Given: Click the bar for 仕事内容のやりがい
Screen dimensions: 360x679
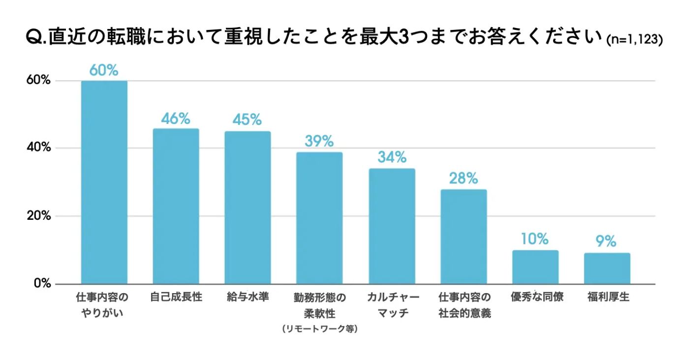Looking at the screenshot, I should (104, 182).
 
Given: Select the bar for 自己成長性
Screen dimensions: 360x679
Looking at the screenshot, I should (176, 207).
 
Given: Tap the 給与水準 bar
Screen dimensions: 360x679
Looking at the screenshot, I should (247, 208).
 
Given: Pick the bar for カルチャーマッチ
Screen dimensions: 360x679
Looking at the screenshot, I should (392, 226).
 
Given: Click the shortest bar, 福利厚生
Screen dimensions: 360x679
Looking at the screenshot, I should (607, 269).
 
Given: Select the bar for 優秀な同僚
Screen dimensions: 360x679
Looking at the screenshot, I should (535, 267).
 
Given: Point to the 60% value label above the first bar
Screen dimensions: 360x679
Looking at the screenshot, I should (104, 70).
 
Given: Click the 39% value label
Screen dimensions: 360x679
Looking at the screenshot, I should (319, 142).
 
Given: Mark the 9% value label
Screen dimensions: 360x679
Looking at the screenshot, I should (607, 241).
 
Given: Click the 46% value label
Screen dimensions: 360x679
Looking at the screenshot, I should (176, 119).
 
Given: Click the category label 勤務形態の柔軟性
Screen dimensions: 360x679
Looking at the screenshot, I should (319, 305).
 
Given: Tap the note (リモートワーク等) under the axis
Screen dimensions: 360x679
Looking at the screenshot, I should (319, 329).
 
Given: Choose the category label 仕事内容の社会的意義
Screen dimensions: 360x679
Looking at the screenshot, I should (464, 305).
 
